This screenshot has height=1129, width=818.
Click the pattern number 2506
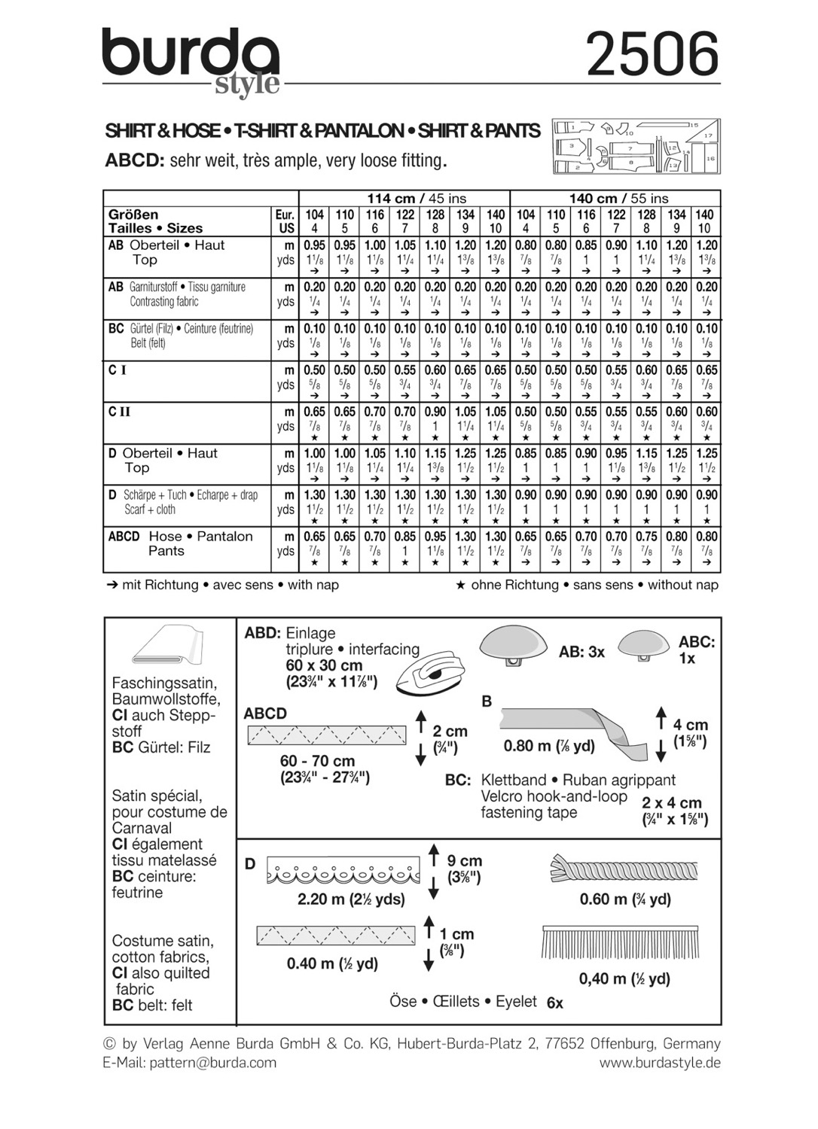pyautogui.click(x=652, y=55)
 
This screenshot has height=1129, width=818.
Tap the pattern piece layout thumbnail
pyautogui.click(x=636, y=147)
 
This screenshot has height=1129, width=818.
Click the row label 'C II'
pyautogui.click(x=120, y=412)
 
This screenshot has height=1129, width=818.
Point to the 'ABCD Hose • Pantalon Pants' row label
pyautogui.click(x=181, y=543)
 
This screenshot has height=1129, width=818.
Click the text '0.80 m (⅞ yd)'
pyautogui.click(x=549, y=746)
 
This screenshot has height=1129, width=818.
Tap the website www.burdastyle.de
pyautogui.click(x=660, y=1063)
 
